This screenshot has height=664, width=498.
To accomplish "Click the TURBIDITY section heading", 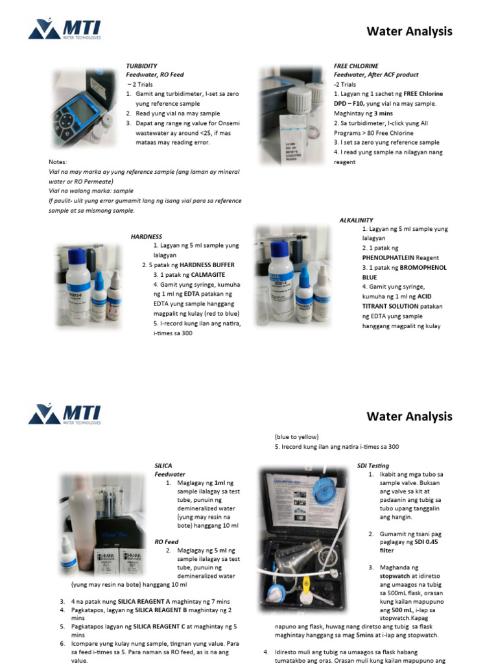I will (x=141, y=66).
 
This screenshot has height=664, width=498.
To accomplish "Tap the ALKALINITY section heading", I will (x=356, y=220).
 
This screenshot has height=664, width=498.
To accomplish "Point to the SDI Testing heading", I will (x=373, y=466).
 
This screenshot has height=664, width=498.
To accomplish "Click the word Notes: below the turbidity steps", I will (x=58, y=161).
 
